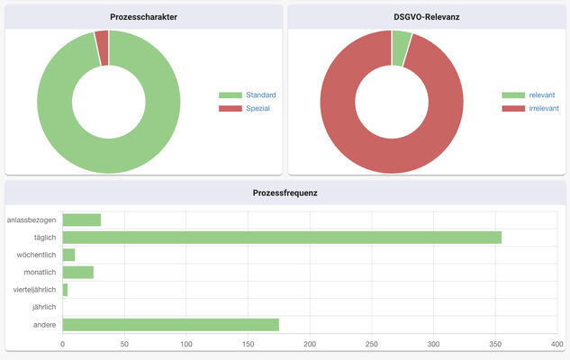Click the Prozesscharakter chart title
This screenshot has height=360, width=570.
click(143, 17)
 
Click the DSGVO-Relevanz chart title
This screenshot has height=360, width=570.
click(426, 17)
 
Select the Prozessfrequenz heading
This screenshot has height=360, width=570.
click(285, 193)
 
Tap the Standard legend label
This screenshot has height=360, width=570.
click(260, 94)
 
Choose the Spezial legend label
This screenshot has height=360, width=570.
click(258, 108)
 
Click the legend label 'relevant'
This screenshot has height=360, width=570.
click(542, 94)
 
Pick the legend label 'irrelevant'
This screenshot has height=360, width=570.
click(546, 108)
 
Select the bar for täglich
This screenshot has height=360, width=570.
click(281, 238)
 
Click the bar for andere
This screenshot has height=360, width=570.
click(170, 324)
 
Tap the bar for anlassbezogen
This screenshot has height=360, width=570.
click(81, 220)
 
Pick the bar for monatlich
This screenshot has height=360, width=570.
click(77, 272)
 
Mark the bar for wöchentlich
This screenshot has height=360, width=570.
click(68, 255)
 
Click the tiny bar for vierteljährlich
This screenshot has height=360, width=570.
click(65, 290)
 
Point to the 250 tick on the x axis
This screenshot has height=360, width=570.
click(372, 344)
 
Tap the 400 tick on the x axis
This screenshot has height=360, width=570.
click(556, 344)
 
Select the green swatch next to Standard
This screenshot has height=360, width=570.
click(231, 94)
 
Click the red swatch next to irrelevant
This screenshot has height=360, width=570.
click(513, 108)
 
